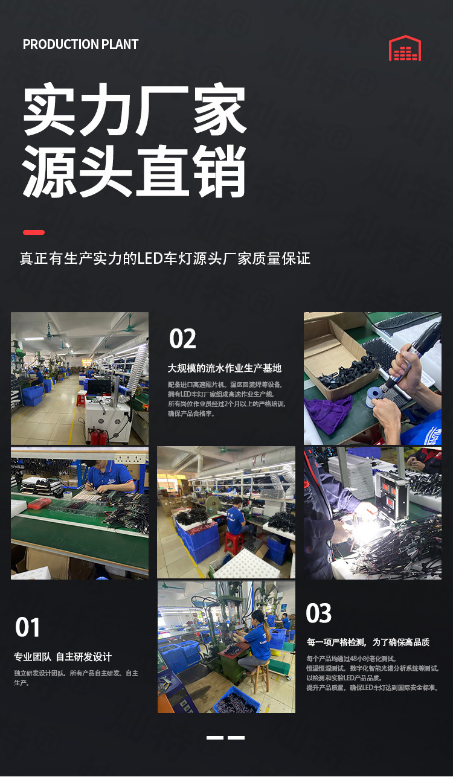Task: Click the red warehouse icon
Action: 405,48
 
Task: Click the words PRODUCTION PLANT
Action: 80,45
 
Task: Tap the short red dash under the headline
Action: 34,232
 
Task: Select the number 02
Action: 182,339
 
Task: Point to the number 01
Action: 27,627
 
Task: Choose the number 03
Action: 319,613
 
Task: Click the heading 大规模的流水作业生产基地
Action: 225,368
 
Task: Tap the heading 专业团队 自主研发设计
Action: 63,657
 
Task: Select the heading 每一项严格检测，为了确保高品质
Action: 368,642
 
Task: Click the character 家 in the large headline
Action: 220,109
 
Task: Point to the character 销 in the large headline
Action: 219,171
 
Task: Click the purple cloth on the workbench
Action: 328,415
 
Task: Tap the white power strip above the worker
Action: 129,458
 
